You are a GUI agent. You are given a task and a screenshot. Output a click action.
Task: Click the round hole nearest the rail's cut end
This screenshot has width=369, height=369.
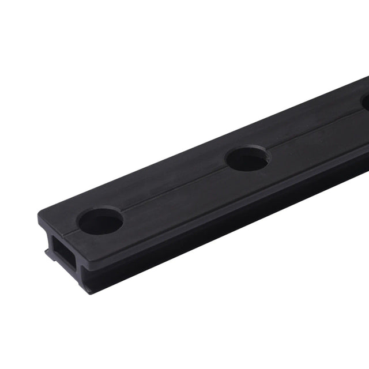tap(101, 221)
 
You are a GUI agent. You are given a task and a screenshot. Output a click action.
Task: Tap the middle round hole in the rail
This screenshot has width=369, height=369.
tap(247, 158)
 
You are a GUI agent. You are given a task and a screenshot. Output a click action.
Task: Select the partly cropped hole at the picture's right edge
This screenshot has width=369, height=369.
tap(365, 102)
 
